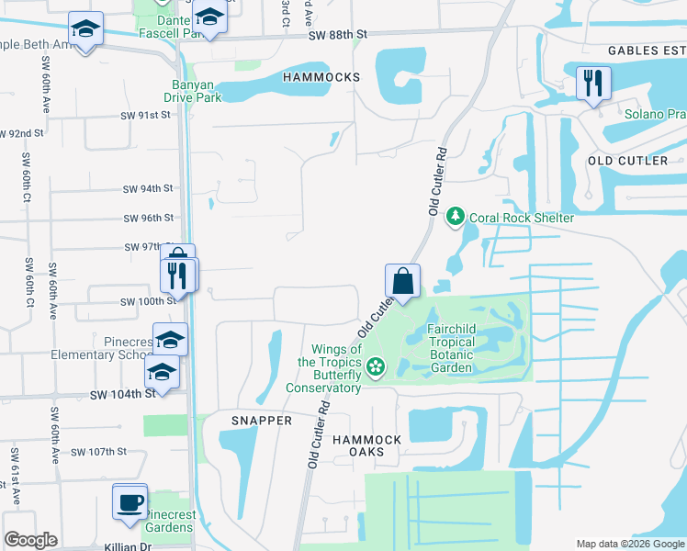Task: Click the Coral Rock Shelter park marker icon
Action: pyautogui.click(x=455, y=217)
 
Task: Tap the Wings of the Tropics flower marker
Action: pyautogui.click(x=375, y=368)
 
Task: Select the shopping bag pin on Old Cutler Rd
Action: pyautogui.click(x=402, y=279)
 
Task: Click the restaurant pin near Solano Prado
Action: pyautogui.click(x=593, y=84)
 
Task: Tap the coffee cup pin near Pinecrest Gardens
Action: pyautogui.click(x=129, y=501)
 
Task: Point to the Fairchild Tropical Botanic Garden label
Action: pyautogui.click(x=450, y=349)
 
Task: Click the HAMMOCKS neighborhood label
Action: pyautogui.click(x=321, y=78)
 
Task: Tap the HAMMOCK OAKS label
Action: pyautogui.click(x=367, y=447)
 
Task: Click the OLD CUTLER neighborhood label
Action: pyautogui.click(x=627, y=161)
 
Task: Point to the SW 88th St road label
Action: pyautogui.click(x=338, y=34)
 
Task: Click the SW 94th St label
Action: pyautogui.click(x=148, y=189)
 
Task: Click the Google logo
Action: pyautogui.click(x=30, y=540)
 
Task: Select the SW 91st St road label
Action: pyautogui.click(x=146, y=116)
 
